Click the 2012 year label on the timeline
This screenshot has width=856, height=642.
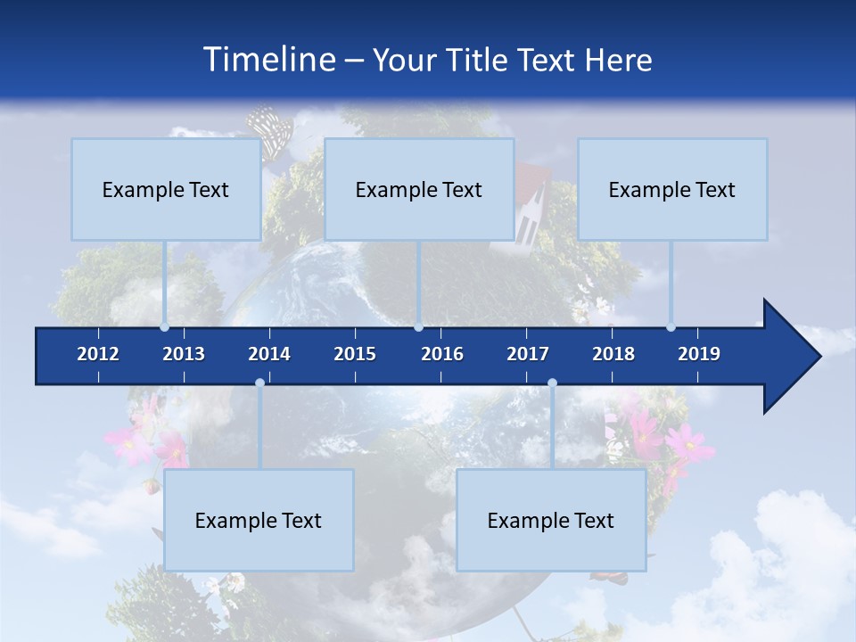tap(98, 354)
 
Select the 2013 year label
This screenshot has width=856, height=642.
tap(184, 354)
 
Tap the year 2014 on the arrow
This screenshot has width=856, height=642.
tap(269, 354)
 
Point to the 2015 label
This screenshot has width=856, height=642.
tap(355, 354)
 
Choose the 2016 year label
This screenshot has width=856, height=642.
tap(442, 354)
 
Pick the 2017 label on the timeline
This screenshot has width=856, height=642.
tap(528, 354)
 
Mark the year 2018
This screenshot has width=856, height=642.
tap(613, 354)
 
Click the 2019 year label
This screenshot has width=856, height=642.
tap(699, 354)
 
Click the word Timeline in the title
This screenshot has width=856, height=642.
tap(267, 60)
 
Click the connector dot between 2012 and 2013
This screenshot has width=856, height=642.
tap(165, 327)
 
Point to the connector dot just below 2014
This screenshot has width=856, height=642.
tap(259, 383)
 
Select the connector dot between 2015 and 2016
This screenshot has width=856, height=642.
tap(418, 327)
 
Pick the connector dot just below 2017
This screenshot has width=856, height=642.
tap(552, 383)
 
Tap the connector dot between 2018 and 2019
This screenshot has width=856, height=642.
tap(671, 327)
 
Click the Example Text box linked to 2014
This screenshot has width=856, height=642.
tap(259, 520)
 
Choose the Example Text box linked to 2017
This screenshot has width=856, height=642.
tap(551, 520)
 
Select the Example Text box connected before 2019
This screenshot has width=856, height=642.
tap(672, 189)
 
